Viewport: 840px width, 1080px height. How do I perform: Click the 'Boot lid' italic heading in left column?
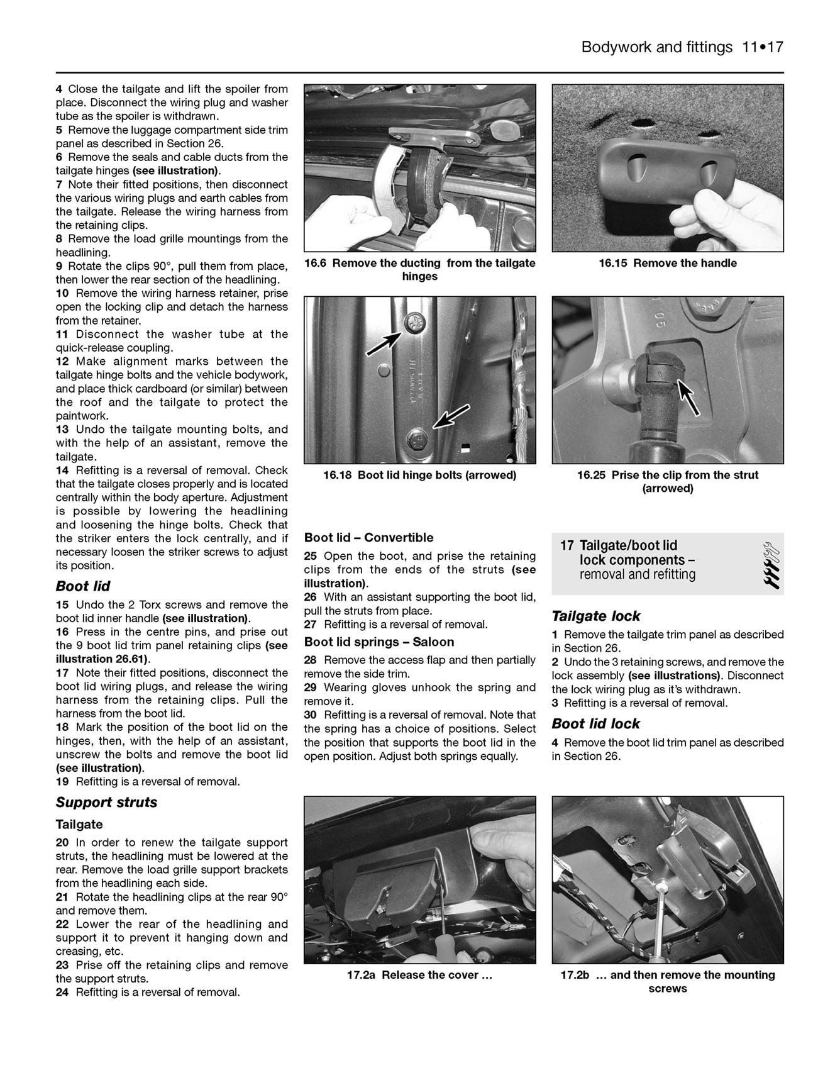pos(83,586)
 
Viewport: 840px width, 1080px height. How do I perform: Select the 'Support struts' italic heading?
pos(106,803)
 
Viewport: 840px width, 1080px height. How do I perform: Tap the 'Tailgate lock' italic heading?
pos(596,616)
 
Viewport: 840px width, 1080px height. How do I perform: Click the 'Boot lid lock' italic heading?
pos(595,724)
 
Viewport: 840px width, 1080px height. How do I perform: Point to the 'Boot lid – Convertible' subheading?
pos(368,538)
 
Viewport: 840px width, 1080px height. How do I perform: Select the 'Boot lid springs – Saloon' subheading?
pos(379,642)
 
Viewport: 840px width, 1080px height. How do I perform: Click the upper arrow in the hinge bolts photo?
pos(385,343)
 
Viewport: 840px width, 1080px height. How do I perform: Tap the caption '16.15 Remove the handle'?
pos(667,264)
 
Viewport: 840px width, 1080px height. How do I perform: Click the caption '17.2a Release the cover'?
pos(419,976)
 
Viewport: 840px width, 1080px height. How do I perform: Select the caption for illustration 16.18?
pos(419,476)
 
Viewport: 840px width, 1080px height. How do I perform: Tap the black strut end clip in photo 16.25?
pos(657,370)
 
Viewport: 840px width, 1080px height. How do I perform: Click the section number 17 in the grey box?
pos(566,546)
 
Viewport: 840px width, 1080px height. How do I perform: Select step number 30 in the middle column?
pos(311,715)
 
